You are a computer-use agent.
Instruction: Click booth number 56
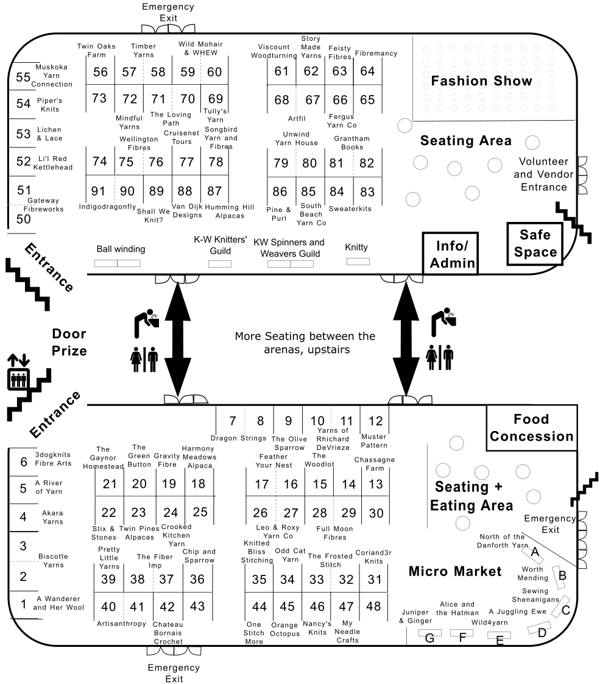tap(101, 71)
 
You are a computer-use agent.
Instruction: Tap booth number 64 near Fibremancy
tap(367, 71)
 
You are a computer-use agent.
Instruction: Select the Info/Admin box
tap(451, 254)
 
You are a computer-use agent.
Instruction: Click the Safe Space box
tap(535, 243)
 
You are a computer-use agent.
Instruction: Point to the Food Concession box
tap(532, 427)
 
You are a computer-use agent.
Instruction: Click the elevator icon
tap(19, 379)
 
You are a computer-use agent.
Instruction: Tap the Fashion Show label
tap(481, 80)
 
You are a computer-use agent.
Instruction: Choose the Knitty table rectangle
tap(358, 262)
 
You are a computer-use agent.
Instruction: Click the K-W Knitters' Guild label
tap(221, 245)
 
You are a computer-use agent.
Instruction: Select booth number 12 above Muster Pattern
tap(375, 421)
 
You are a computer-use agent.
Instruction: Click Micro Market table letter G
tap(429, 638)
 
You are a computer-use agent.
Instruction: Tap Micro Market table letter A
tap(535, 552)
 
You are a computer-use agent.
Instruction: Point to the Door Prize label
tap(69, 342)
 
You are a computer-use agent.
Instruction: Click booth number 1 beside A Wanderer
tap(24, 604)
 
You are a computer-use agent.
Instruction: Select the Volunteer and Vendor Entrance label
tap(543, 174)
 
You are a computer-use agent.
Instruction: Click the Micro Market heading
tap(455, 571)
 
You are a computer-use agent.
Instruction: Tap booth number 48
tap(373, 607)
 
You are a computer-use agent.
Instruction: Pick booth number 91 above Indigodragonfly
tap(98, 191)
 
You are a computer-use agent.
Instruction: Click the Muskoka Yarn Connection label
tap(52, 76)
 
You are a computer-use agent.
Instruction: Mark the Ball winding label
tap(121, 249)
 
